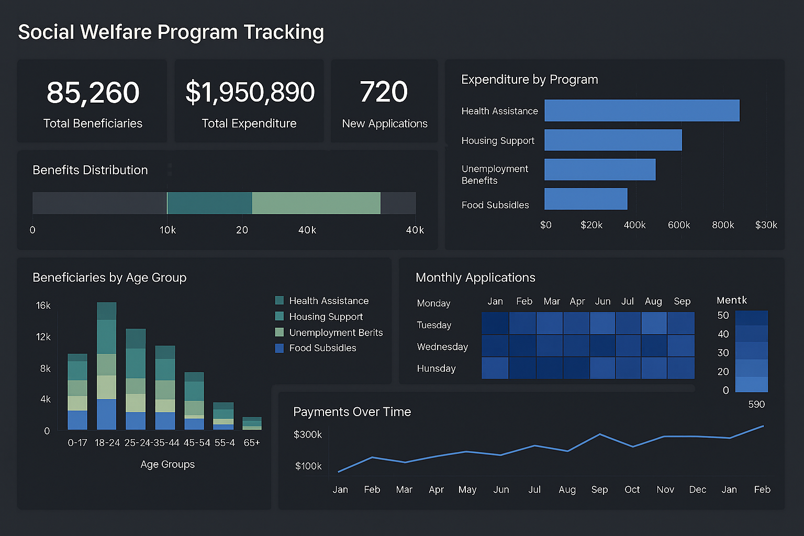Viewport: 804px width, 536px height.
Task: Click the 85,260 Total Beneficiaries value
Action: pos(93,93)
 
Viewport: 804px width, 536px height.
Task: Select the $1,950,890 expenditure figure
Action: pos(250,92)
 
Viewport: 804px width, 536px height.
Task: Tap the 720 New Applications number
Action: pos(384,92)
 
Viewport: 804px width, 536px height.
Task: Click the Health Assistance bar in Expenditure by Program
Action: pos(642,110)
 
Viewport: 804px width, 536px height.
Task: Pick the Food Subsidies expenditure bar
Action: pos(586,199)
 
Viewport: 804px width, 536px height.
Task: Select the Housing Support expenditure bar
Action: pos(613,140)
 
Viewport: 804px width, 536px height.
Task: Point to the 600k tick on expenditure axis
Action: pos(679,225)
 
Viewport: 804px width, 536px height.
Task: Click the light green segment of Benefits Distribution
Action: pos(316,203)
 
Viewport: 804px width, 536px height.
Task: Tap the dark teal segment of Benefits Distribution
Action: pos(209,203)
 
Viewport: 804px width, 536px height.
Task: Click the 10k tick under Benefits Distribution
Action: pos(167,230)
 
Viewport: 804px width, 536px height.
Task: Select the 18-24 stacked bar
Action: pos(107,366)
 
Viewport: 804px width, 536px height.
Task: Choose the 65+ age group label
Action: pos(252,443)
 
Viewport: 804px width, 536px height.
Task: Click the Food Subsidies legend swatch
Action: pos(280,348)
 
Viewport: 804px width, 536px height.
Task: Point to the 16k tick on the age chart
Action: pos(43,306)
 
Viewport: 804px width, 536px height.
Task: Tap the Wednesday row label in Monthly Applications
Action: pos(442,347)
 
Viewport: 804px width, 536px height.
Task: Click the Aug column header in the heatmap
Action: pos(653,301)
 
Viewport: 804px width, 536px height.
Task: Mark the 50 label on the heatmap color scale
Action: pos(723,316)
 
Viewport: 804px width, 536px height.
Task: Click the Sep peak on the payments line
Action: pos(600,434)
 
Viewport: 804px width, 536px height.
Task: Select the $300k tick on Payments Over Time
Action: pos(308,434)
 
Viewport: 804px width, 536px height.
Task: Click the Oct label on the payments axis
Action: pos(632,490)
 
